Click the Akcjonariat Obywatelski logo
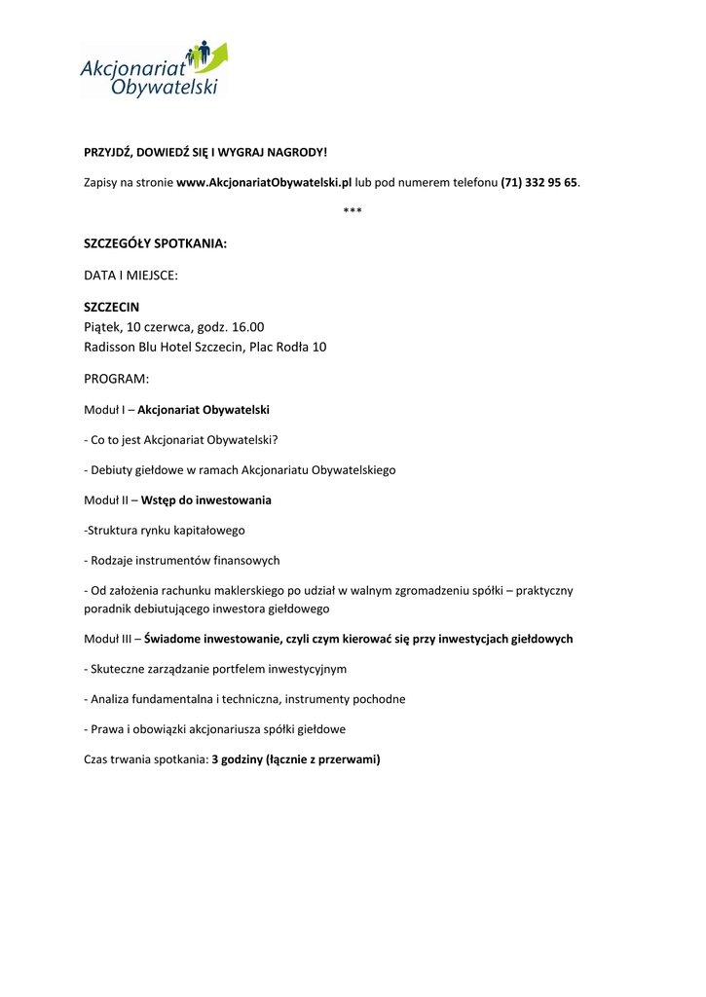153,69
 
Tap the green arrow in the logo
218,55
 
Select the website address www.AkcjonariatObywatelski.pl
264,182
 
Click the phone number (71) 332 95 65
539,182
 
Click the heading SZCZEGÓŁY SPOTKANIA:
155,242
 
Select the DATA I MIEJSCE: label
130,276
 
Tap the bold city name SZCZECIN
111,307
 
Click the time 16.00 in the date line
247,327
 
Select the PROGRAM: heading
116,379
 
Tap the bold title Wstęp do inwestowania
206,500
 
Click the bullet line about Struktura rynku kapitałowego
165,531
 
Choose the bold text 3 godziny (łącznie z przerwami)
296,759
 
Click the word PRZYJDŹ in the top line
107,152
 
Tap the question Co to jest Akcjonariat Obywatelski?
188,440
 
